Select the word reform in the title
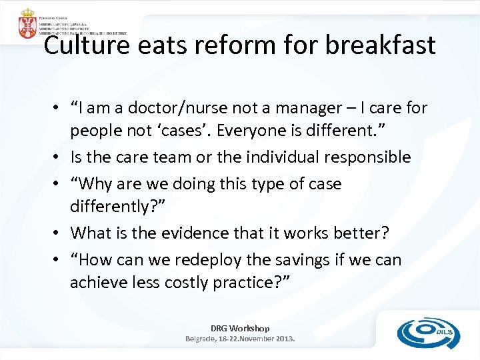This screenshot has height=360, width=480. pos(225,45)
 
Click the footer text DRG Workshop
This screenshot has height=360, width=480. pos(240,328)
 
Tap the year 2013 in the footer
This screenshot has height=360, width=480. pos(283,339)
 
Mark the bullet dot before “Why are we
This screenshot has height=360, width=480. pos(60,183)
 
